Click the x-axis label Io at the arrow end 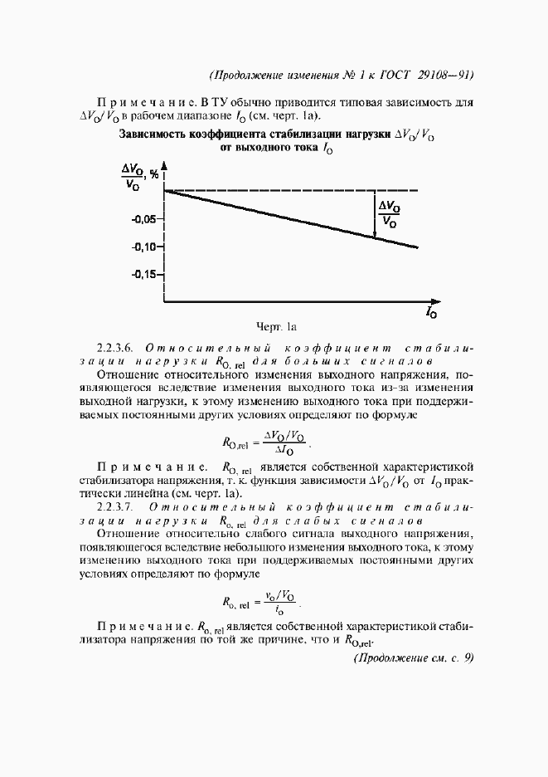tap(432, 314)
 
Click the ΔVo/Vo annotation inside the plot tap(387, 214)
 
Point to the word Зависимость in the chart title tap(154, 133)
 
